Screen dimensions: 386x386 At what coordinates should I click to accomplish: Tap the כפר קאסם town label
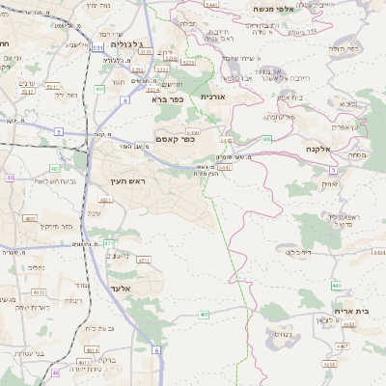pyautogui.click(x=175, y=140)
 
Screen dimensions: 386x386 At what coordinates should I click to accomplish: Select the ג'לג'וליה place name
pyautogui.click(x=126, y=44)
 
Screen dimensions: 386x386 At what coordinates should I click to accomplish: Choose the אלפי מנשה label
pyautogui.click(x=272, y=9)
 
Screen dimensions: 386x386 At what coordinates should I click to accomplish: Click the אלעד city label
pyautogui.click(x=120, y=289)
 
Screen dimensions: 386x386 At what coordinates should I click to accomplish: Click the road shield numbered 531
pyautogui.click(x=98, y=45)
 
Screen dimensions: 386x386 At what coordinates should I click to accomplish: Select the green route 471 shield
pyautogui.click(x=109, y=242)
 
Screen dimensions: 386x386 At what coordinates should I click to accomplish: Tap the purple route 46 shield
pyautogui.click(x=55, y=372)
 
